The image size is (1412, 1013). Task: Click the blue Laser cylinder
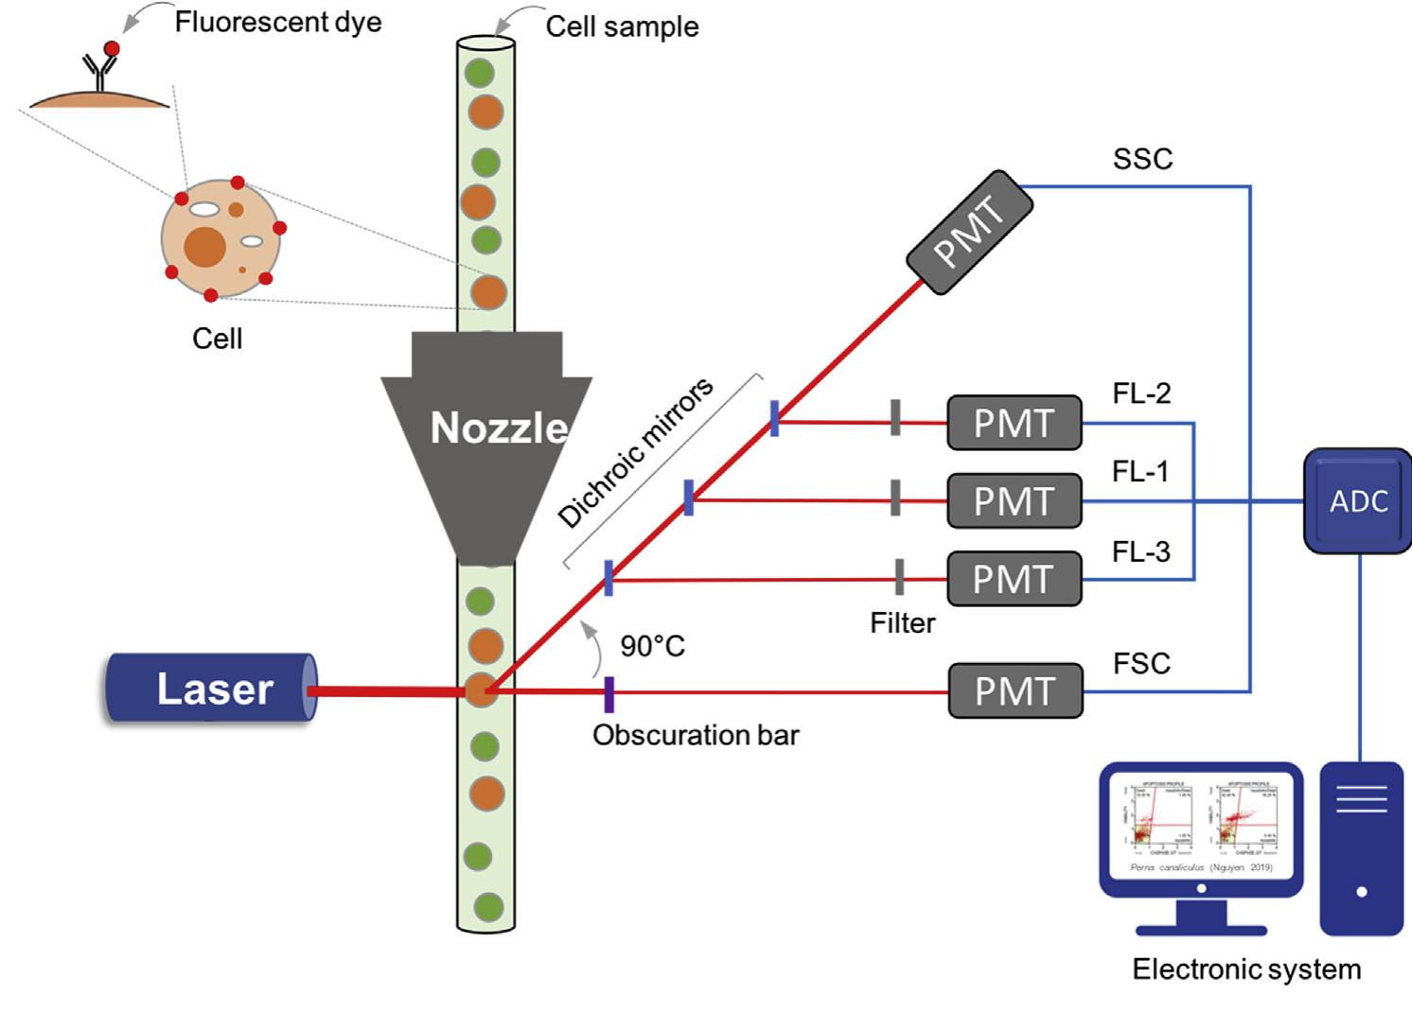click(210, 689)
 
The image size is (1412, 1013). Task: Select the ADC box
click(1357, 500)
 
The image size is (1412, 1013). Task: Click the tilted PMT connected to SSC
click(969, 233)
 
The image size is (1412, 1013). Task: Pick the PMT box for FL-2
click(1014, 423)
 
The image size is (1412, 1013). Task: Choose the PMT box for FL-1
click(1014, 500)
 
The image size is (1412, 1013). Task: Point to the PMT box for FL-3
click(1014, 579)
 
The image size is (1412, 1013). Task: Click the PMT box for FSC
click(1015, 691)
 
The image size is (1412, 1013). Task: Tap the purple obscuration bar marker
click(609, 693)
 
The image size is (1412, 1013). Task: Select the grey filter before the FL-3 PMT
click(899, 577)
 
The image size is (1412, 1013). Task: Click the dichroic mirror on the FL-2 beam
click(774, 418)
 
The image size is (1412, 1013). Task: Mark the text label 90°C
click(652, 646)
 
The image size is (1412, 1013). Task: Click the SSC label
click(1142, 159)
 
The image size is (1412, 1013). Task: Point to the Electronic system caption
click(1246, 969)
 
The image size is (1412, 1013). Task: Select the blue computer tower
click(1361, 847)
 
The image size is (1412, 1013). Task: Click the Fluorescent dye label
click(278, 22)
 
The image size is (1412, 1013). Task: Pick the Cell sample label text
click(622, 26)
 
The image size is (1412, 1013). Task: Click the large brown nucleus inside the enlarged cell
click(204, 246)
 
